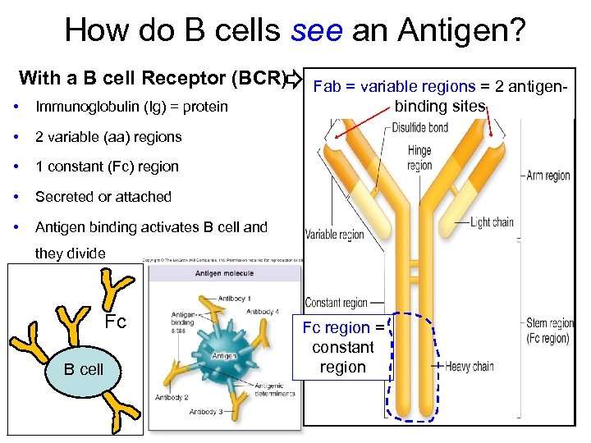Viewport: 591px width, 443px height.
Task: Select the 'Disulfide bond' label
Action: (419, 127)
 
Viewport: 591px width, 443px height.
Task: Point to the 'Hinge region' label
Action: (419, 158)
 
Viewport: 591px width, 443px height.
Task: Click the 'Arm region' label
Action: (548, 176)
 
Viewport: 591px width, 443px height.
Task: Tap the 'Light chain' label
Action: (492, 222)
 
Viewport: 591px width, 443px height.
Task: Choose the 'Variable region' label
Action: (334, 235)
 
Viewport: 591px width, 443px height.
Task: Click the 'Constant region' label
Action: (337, 303)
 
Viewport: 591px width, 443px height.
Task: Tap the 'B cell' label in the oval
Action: (84, 369)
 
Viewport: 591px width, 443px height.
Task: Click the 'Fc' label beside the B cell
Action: (115, 322)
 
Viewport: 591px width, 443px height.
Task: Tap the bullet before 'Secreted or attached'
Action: (16, 197)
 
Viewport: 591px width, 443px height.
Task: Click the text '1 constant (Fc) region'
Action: (107, 167)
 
